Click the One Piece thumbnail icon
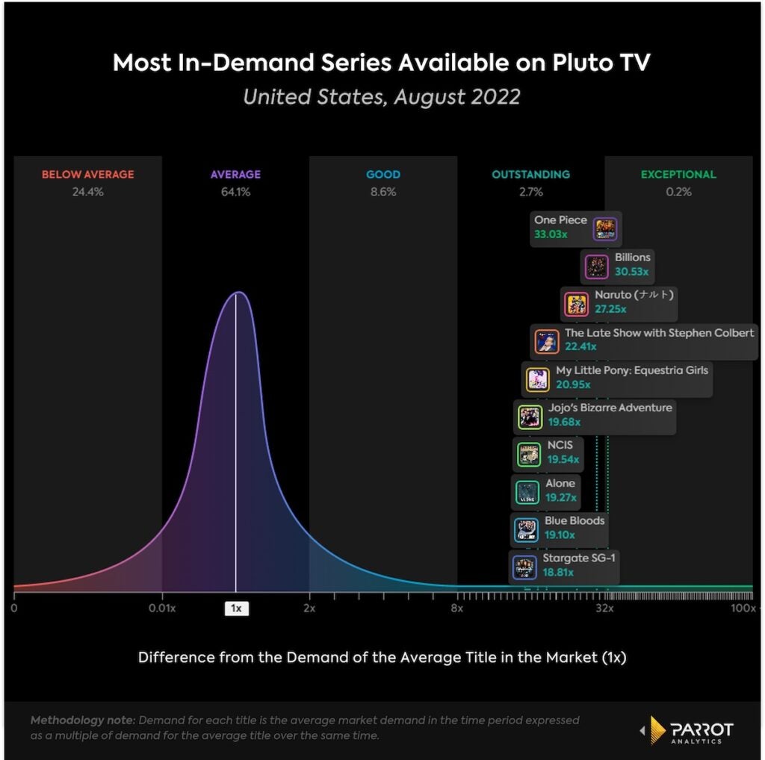point(605,229)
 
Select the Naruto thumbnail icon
point(575,304)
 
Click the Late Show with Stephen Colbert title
point(659,333)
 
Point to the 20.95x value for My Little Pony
point(573,384)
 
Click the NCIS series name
point(560,445)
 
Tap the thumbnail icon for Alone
point(527,492)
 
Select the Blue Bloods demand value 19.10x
point(561,535)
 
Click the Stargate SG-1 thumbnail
point(524,567)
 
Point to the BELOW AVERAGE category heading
point(88,175)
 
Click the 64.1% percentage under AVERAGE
point(235,192)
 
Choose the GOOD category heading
point(383,175)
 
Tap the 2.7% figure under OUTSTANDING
point(530,192)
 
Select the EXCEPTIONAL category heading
point(678,175)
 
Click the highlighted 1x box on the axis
point(236,608)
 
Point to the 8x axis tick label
point(456,608)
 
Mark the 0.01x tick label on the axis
point(162,608)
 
